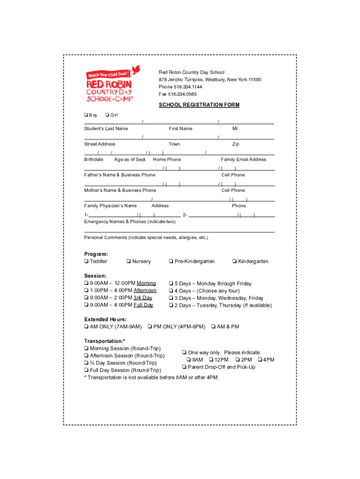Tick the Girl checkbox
coord(108,115)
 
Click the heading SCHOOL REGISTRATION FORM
coord(199,105)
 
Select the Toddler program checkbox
coord(86,261)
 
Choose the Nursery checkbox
coord(129,261)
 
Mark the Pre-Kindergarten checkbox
coord(171,261)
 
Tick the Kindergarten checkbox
coord(234,261)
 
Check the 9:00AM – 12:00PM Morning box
coord(86,283)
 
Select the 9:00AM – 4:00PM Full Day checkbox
coord(86,305)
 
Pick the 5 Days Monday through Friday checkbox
coord(171,283)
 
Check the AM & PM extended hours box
coord(214,327)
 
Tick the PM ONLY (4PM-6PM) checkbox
coord(150,327)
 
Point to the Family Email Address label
coord(243,160)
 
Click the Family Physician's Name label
coord(110,206)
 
